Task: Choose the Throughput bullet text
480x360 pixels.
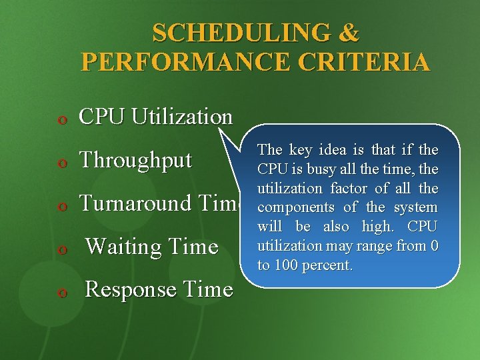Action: [135, 160]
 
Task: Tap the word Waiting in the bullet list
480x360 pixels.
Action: [121, 247]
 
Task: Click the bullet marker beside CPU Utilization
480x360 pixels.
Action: [61, 120]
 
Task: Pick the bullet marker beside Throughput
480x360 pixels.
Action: [61, 163]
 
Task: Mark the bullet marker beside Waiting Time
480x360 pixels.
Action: [61, 250]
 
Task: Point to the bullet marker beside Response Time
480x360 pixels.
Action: [61, 293]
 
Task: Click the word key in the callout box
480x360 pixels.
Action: [301, 151]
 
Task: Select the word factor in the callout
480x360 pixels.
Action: [349, 189]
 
